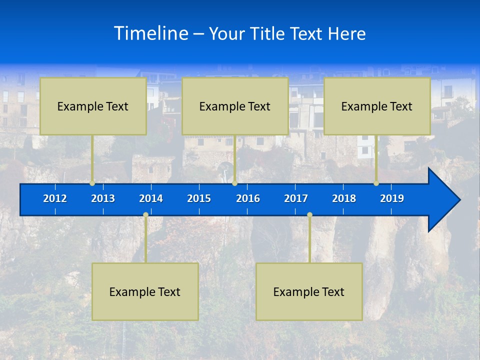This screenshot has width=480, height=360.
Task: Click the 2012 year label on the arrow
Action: [55, 198]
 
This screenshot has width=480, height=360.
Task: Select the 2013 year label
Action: [103, 198]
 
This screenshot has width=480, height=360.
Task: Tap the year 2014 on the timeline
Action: [151, 198]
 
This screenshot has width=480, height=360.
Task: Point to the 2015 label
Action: [199, 198]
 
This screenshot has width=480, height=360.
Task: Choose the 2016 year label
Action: [248, 198]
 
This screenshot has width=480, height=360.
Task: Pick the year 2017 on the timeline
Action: [296, 198]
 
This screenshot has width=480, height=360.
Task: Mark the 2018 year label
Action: [344, 198]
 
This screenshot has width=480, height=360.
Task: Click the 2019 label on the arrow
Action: [392, 198]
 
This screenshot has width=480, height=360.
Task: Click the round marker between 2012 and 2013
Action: [92, 183]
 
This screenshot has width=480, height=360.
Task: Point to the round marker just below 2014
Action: [145, 215]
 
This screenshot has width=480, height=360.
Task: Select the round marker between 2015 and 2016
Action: [234, 183]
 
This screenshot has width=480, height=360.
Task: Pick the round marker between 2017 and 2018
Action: [309, 215]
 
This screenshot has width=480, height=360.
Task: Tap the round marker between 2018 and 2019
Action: [376, 183]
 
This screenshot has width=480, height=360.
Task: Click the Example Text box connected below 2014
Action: [145, 291]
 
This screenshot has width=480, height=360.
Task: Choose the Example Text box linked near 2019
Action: [377, 106]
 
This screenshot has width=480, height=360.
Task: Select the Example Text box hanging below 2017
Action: [309, 291]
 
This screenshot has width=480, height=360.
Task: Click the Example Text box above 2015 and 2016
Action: [235, 106]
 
